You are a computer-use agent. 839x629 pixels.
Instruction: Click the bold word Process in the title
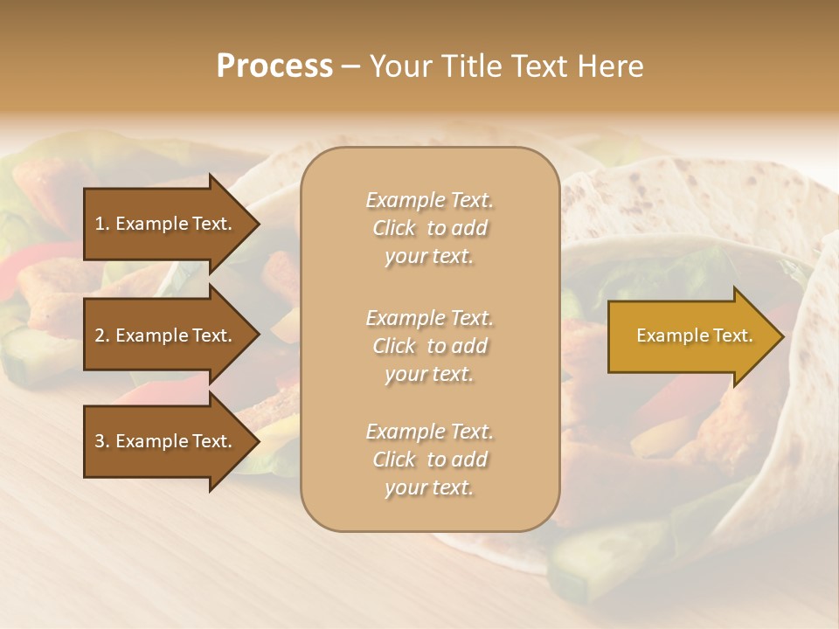click(x=274, y=66)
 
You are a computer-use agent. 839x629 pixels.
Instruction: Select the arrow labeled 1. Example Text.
click(x=166, y=224)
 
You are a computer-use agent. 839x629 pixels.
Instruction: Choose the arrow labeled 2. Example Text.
click(x=166, y=335)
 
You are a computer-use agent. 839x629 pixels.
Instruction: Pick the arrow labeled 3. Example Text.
click(x=166, y=441)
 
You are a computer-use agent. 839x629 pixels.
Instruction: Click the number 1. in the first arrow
click(x=102, y=224)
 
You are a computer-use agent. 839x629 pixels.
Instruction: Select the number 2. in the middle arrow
click(x=102, y=335)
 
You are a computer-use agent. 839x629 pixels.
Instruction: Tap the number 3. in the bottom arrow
click(x=102, y=441)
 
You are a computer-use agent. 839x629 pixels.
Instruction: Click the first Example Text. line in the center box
click(x=429, y=200)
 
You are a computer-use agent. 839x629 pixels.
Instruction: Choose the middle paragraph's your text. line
click(x=429, y=374)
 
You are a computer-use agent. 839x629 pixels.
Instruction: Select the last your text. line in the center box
click(x=429, y=487)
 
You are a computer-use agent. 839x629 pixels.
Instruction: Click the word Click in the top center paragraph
click(x=394, y=228)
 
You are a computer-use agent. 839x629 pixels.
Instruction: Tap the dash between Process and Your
click(x=350, y=66)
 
